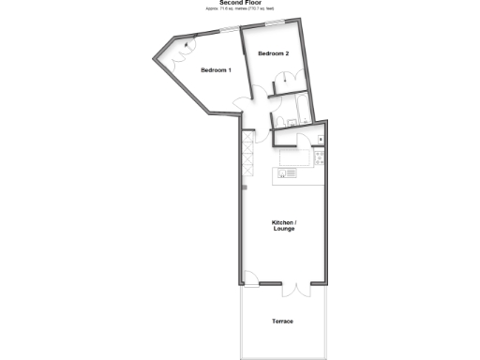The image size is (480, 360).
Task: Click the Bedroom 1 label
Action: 216,69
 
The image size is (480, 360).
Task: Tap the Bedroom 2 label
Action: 273,53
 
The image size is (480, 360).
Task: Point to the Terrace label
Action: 283,322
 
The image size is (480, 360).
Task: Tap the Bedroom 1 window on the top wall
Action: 228,32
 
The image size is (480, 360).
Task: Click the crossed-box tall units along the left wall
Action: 247,155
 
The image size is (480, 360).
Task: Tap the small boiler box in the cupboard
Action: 321,140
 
